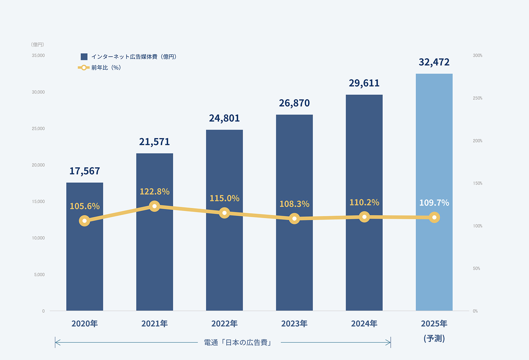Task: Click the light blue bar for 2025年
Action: tap(434, 261)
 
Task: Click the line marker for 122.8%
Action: tap(154, 206)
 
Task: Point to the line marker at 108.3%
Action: tap(294, 218)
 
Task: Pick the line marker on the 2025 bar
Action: tap(434, 217)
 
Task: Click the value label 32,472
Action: tap(434, 62)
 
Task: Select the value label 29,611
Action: tap(364, 83)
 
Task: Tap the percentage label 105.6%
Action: tap(85, 206)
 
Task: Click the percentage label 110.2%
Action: tap(364, 202)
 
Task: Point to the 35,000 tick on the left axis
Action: tap(38, 55)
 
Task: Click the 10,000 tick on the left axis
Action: tap(38, 238)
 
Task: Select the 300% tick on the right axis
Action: tap(478, 55)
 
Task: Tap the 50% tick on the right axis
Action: tap(476, 269)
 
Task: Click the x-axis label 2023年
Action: tap(294, 324)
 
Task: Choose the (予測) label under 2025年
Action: tap(434, 338)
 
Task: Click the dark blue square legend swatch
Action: tap(84, 57)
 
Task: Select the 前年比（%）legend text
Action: tap(106, 67)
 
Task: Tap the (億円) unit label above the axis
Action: tap(37, 44)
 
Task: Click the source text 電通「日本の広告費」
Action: tap(238, 342)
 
